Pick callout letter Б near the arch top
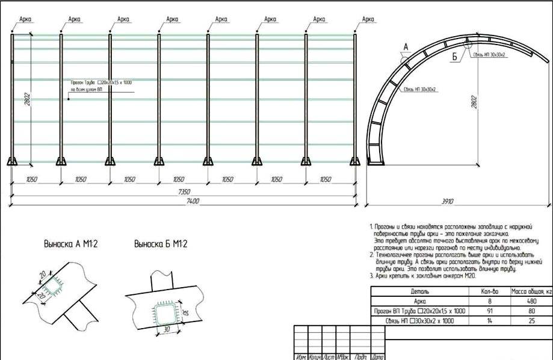point(455,57)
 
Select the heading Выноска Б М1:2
point(161,244)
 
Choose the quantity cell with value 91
point(485,311)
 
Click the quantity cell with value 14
point(485,321)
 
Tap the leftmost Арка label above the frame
point(25,19)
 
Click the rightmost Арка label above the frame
point(368,19)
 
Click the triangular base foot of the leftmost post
point(13,161)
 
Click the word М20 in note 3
point(469,276)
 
